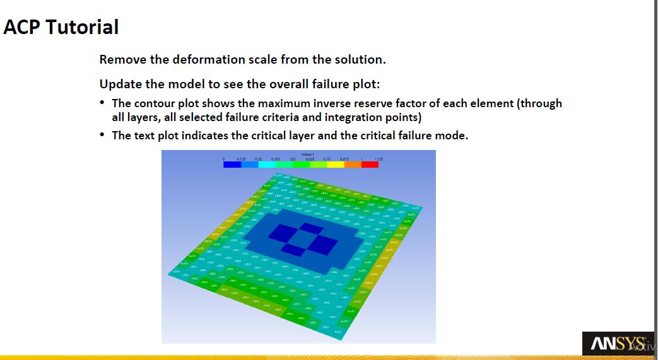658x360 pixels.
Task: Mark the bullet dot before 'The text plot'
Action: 103,136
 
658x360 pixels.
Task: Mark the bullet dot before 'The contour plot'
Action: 103,103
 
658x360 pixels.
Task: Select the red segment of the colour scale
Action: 370,165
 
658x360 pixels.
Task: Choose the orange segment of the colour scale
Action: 353,165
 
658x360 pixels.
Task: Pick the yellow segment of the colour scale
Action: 335,165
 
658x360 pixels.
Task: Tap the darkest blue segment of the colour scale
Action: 232,165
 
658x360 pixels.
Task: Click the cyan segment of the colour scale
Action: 266,165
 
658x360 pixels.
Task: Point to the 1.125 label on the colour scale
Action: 379,159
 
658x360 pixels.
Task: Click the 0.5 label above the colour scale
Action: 292,159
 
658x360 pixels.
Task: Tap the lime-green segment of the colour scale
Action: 318,165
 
